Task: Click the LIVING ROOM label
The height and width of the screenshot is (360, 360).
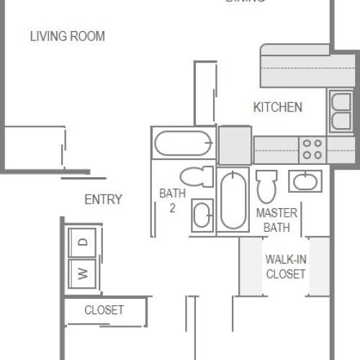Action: pos(67,36)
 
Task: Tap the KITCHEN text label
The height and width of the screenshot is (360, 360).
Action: pos(277,107)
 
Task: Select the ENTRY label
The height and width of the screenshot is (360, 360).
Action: pos(103,199)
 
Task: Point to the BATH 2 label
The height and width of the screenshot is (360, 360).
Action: pos(172,201)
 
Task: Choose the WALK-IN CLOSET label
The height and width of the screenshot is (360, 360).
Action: pos(285,266)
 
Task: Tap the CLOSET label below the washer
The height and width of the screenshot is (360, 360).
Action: pos(104,310)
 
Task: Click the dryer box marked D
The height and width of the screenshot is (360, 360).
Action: pos(84,242)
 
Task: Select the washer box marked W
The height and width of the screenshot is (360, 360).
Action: pos(84,273)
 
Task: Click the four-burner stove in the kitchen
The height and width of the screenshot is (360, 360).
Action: pos(312,150)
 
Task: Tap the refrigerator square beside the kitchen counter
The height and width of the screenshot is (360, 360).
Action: pos(235,145)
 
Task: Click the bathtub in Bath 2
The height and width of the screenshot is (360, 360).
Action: pos(183,142)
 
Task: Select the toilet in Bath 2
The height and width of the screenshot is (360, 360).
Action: pos(196,176)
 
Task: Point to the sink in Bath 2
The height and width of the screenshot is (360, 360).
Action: pos(202,215)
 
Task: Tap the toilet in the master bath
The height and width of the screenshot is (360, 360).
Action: pos(266,185)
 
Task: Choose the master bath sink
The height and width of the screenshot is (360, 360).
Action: pos(305,180)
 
